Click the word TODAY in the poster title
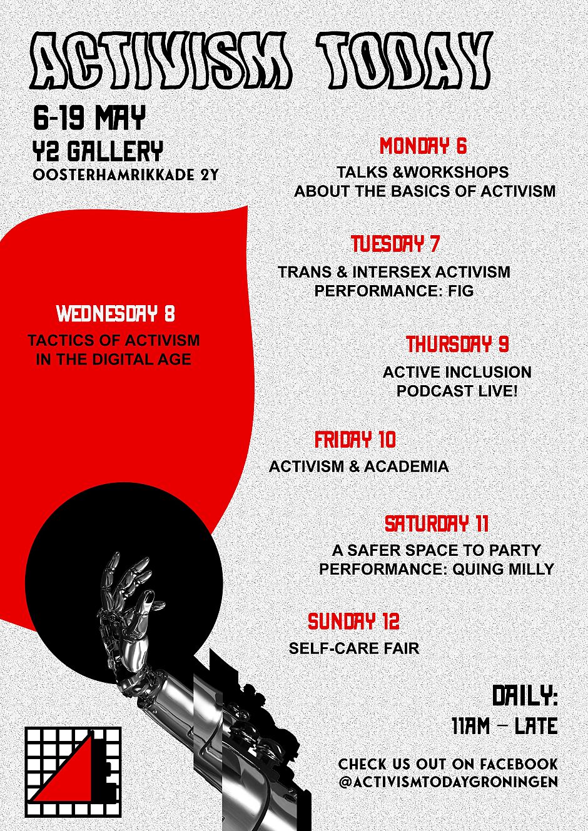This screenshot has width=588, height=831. coord(404,60)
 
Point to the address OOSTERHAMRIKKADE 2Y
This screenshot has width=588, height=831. coord(126,174)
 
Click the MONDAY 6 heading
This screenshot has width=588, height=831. coord(423,146)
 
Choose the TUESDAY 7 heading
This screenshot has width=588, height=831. coord(395,244)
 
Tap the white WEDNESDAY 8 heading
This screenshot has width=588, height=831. coord(116,314)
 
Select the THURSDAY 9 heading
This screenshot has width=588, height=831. coord(457,344)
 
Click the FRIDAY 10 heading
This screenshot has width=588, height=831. coord(355,440)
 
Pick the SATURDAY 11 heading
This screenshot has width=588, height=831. coord(436,523)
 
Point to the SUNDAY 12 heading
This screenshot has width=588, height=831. coord(353,622)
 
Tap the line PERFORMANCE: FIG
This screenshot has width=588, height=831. coord(394,291)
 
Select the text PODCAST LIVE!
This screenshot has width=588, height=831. coord(457,391)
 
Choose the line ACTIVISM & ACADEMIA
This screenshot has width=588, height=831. coord(358,466)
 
